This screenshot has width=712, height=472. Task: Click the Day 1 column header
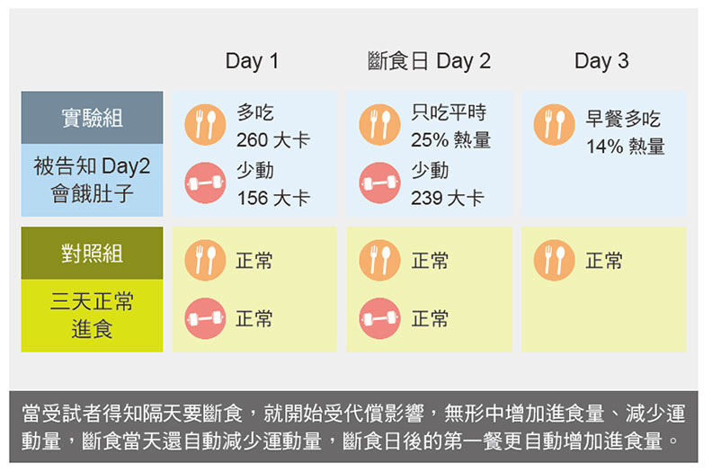[x=252, y=62]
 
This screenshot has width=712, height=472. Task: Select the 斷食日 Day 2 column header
[x=429, y=62]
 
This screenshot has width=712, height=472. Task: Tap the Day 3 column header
[x=601, y=62]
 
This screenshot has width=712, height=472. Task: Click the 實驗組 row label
[x=92, y=118]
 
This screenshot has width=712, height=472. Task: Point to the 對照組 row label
[x=92, y=254]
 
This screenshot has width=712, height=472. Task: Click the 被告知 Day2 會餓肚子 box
[x=92, y=181]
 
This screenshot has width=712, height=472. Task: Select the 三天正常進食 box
[x=92, y=316]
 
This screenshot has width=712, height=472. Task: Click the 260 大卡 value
[x=272, y=141]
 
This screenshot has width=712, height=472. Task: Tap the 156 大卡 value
[x=272, y=198]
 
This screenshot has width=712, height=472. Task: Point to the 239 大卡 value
[x=447, y=198]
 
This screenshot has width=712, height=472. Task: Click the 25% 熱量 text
[x=450, y=141]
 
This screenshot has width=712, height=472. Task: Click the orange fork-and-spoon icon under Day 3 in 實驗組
[x=554, y=124]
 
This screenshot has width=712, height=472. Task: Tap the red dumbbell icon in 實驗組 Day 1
[x=205, y=183]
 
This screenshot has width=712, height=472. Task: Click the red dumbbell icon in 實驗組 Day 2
[x=379, y=183]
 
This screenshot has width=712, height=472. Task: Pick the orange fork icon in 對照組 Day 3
[x=554, y=261]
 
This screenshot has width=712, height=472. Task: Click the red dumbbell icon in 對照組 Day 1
[x=205, y=318]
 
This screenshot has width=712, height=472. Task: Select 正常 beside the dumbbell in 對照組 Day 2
[x=430, y=319]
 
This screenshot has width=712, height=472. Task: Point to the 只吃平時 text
[x=449, y=113]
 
